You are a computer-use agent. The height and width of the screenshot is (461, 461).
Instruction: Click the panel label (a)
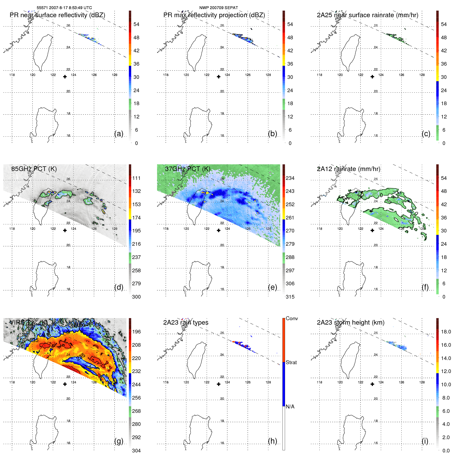(119, 134)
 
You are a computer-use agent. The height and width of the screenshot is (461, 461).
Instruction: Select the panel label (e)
(273, 287)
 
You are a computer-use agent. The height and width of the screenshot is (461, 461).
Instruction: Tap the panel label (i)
(425, 441)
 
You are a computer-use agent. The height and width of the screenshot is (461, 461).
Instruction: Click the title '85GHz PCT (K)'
(34, 169)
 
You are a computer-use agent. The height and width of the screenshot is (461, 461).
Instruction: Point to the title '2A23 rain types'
(186, 323)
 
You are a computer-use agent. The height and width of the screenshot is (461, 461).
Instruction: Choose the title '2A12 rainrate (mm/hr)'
(349, 169)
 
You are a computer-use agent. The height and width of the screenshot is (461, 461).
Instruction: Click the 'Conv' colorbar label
(292, 318)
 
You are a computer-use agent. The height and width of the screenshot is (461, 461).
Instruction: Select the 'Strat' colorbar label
(291, 362)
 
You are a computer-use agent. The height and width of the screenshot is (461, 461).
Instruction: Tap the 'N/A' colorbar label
(290, 407)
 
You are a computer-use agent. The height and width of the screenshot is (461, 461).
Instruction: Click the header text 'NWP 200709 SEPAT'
(219, 8)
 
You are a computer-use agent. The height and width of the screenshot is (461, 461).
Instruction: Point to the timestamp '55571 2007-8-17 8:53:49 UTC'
(64, 8)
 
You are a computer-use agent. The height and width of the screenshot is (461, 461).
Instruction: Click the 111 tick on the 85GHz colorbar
(136, 178)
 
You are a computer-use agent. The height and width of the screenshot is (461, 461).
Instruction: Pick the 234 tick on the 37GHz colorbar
(290, 178)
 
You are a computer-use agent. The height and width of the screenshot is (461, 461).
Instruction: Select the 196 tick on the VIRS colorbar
(136, 332)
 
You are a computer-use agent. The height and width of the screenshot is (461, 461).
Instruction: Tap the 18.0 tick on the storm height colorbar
(446, 332)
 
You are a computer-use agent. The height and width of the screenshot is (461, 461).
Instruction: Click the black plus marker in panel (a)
(65, 77)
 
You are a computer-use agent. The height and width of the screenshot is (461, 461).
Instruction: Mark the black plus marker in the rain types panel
(219, 384)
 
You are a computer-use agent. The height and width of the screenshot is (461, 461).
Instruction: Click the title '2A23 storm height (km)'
(351, 323)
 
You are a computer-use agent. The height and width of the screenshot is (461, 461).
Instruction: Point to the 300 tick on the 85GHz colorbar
(136, 297)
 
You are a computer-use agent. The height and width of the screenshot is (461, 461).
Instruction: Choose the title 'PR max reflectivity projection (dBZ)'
(214, 15)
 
